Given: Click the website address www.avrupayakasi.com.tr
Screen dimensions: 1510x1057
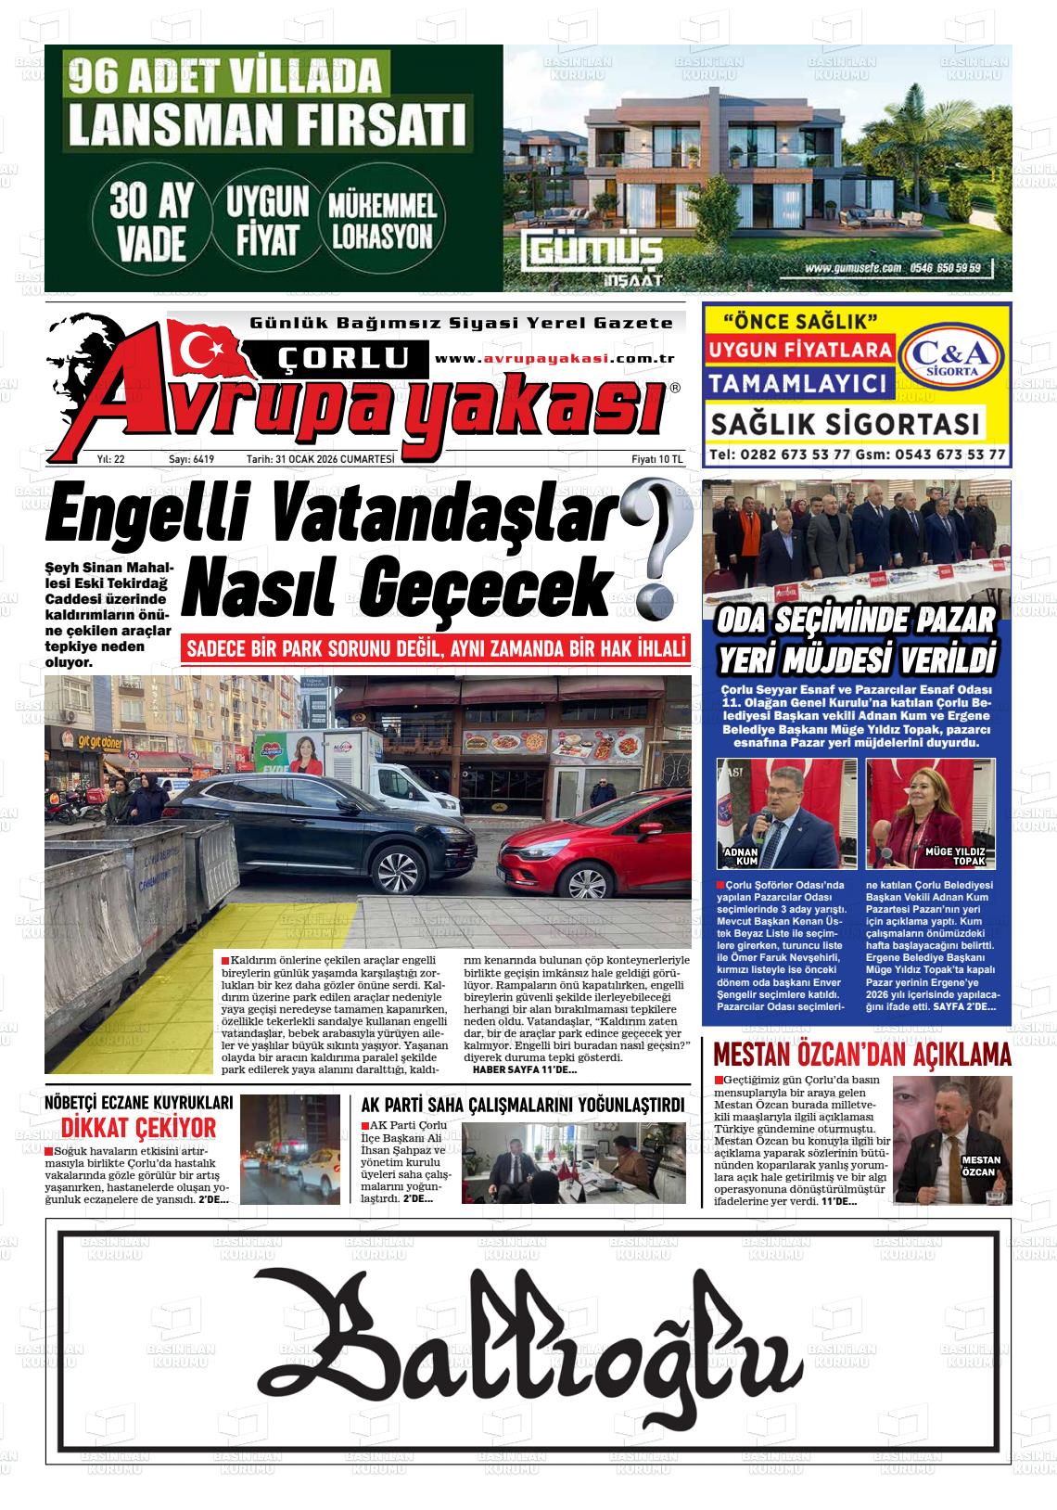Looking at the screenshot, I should pyautogui.click(x=554, y=359).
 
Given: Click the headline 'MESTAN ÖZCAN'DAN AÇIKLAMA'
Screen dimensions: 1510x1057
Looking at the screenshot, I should pyautogui.click(x=861, y=1056).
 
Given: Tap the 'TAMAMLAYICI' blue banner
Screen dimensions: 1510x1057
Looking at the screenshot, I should pyautogui.click(x=799, y=383).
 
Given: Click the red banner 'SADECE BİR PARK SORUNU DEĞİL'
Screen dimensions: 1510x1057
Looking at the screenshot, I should pyautogui.click(x=436, y=649).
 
